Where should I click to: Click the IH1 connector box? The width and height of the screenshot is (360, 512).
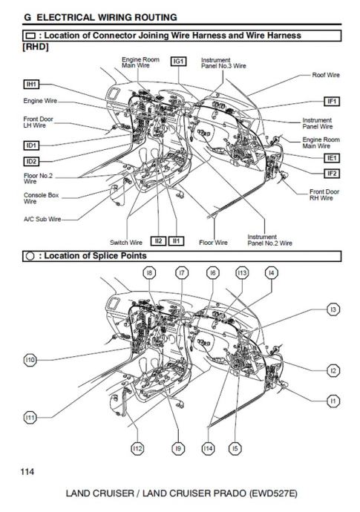[x=31, y=85]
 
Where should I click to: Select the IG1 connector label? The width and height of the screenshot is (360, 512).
[x=179, y=61]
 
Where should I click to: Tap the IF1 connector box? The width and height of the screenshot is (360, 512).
[x=332, y=101]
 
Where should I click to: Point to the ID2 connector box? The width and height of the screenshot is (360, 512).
[x=31, y=161]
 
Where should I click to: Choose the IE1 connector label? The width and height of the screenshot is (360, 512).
[x=332, y=158]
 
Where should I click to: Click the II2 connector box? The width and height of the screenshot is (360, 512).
[x=158, y=241]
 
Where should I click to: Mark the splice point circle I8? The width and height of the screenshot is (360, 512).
[x=149, y=272]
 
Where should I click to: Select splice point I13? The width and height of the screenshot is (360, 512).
[x=242, y=272]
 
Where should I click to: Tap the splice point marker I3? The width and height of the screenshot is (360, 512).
[x=333, y=309]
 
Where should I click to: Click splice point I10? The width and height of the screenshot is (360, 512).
[x=30, y=360]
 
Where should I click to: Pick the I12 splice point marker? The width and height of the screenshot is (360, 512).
[x=137, y=449]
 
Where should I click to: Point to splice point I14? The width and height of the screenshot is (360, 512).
[x=208, y=449]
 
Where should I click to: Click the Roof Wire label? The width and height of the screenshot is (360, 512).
[x=326, y=75]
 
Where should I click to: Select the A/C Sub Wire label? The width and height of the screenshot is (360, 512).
[x=42, y=219]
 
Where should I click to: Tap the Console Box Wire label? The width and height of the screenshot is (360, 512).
[x=41, y=198]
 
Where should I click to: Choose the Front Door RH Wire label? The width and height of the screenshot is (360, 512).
[x=324, y=194]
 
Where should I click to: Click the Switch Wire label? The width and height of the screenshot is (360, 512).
[x=126, y=243]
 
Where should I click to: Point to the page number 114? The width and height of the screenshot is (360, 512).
[x=27, y=471]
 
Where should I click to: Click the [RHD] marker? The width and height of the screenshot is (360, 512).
[x=36, y=47]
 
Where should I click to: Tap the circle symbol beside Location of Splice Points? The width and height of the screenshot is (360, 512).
[x=30, y=256]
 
